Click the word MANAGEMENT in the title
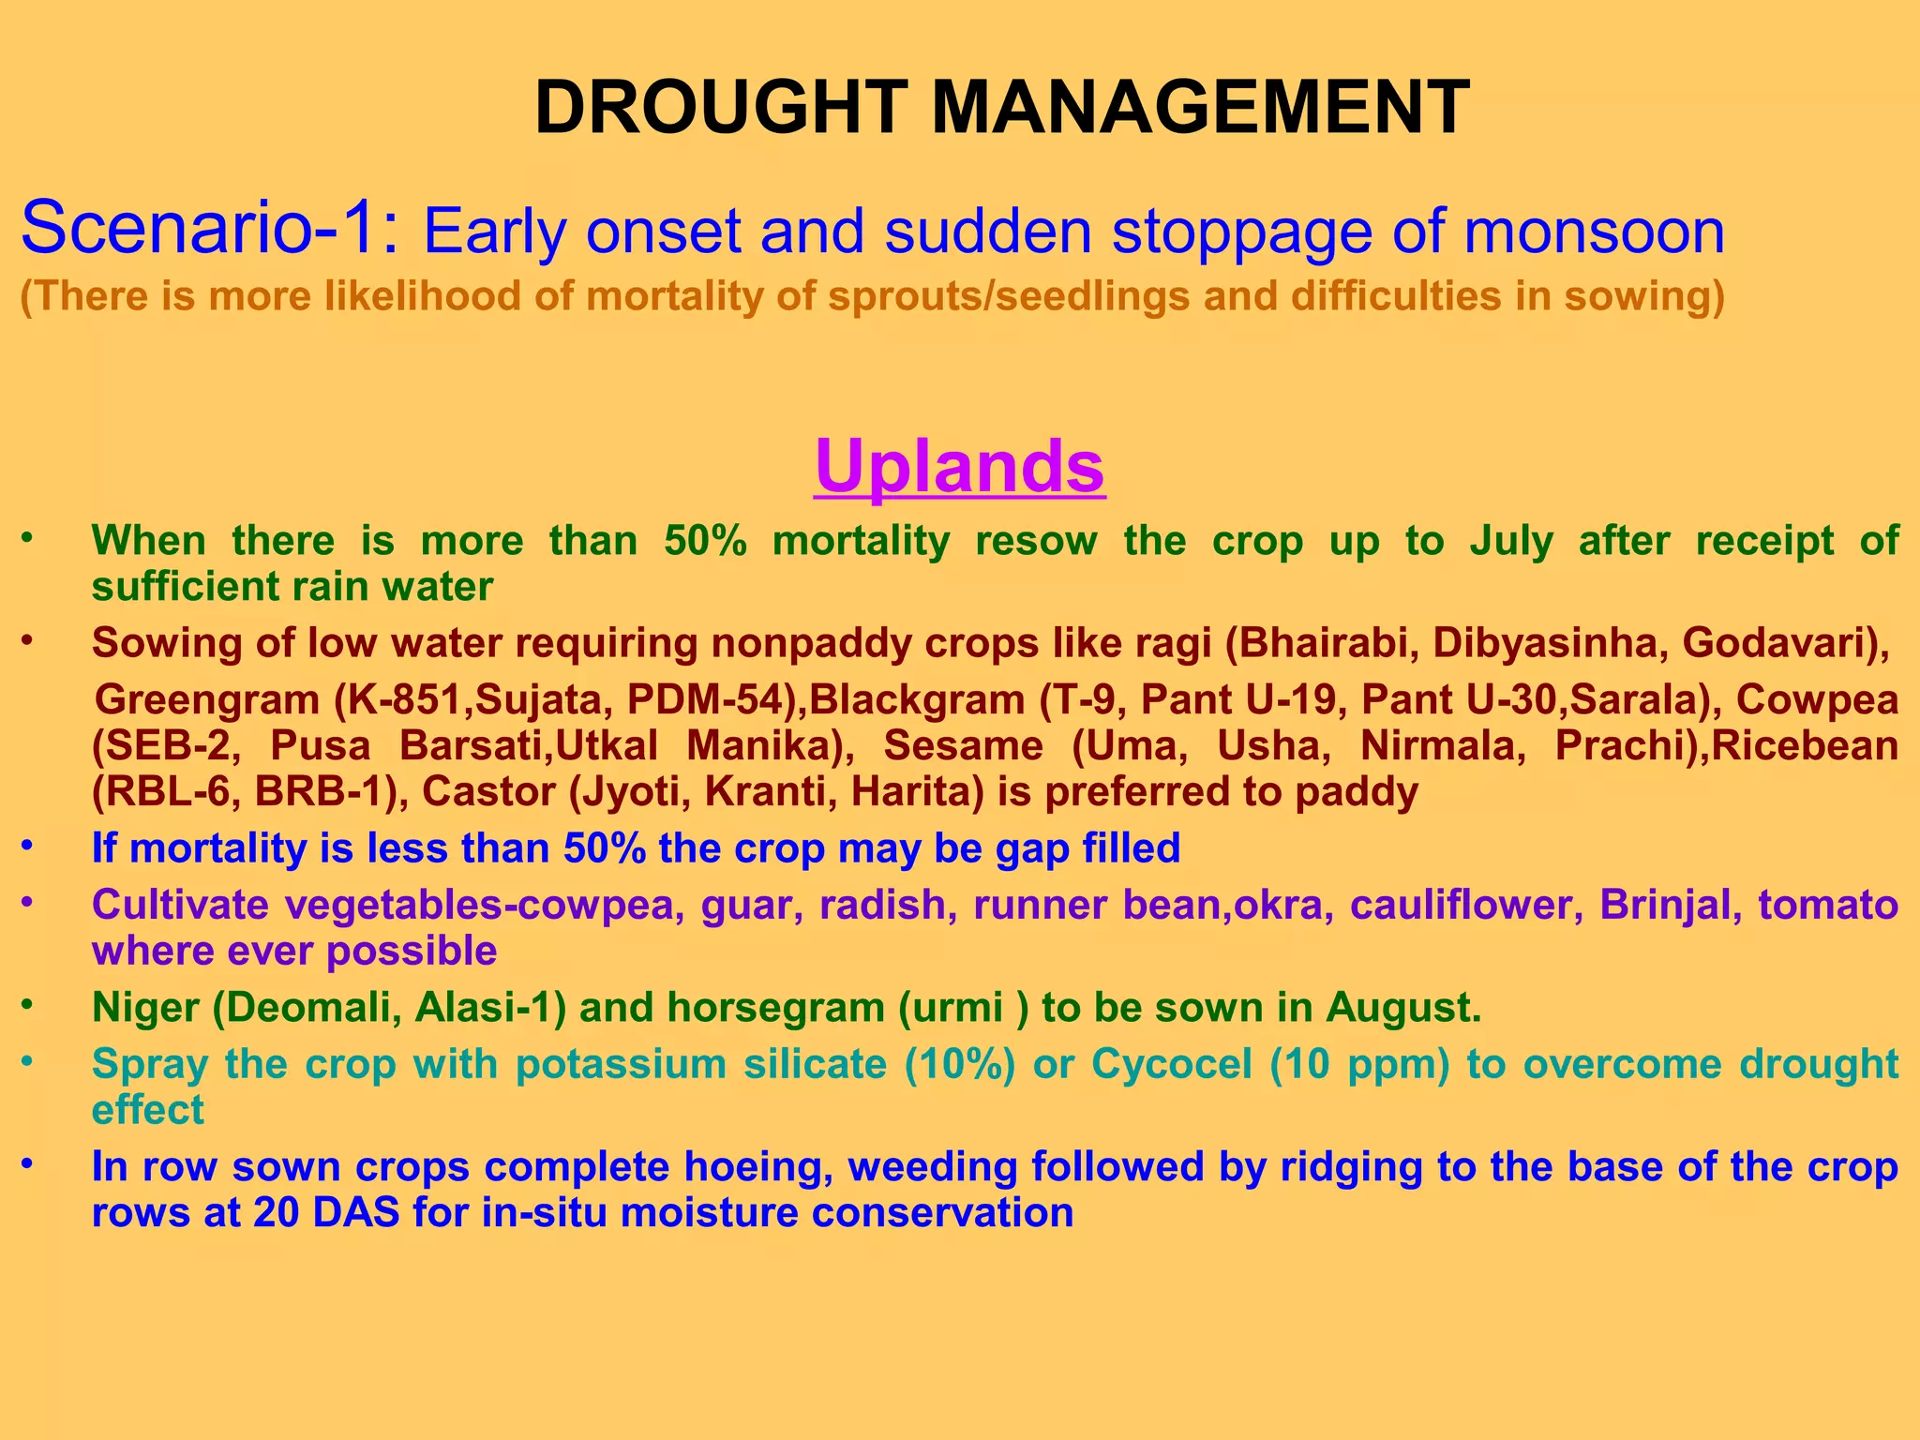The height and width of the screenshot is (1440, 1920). [x=1200, y=109]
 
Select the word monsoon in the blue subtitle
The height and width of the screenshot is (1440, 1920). [x=1593, y=232]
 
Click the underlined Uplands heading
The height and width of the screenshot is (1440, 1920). [x=960, y=467]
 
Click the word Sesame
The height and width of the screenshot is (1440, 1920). [x=963, y=746]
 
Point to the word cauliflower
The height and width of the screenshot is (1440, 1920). [x=1466, y=906]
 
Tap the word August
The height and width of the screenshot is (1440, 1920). [x=1402, y=1008]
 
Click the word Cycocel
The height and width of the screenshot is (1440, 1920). [x=1172, y=1065]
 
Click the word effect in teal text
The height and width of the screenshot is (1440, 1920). [x=147, y=1111]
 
